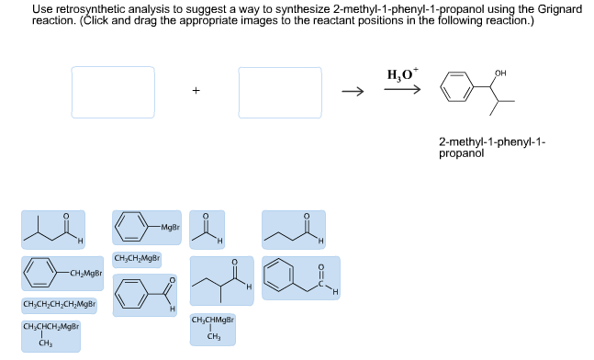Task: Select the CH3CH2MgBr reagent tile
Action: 137,259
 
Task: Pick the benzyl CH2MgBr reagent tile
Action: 62,274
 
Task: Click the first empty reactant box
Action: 113,92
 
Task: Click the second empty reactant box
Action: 280,92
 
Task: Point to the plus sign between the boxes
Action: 196,92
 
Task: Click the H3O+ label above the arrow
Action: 400,74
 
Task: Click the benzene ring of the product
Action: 456,89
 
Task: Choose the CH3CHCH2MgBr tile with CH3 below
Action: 52,334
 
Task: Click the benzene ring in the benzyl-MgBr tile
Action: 39,274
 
